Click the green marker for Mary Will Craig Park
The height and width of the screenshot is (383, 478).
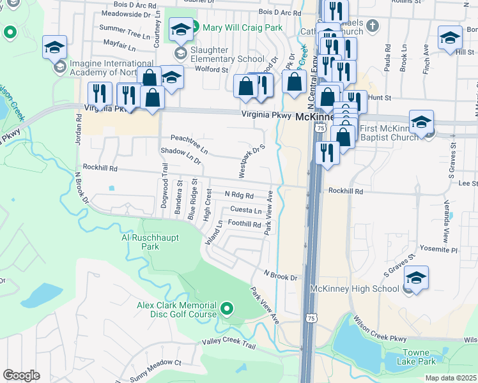point(196,27)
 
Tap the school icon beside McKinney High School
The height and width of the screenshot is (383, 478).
point(416,279)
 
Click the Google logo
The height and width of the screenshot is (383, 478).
point(21,375)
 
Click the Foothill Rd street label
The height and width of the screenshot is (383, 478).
point(244,224)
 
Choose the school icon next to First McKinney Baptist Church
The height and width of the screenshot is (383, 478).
point(422,123)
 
